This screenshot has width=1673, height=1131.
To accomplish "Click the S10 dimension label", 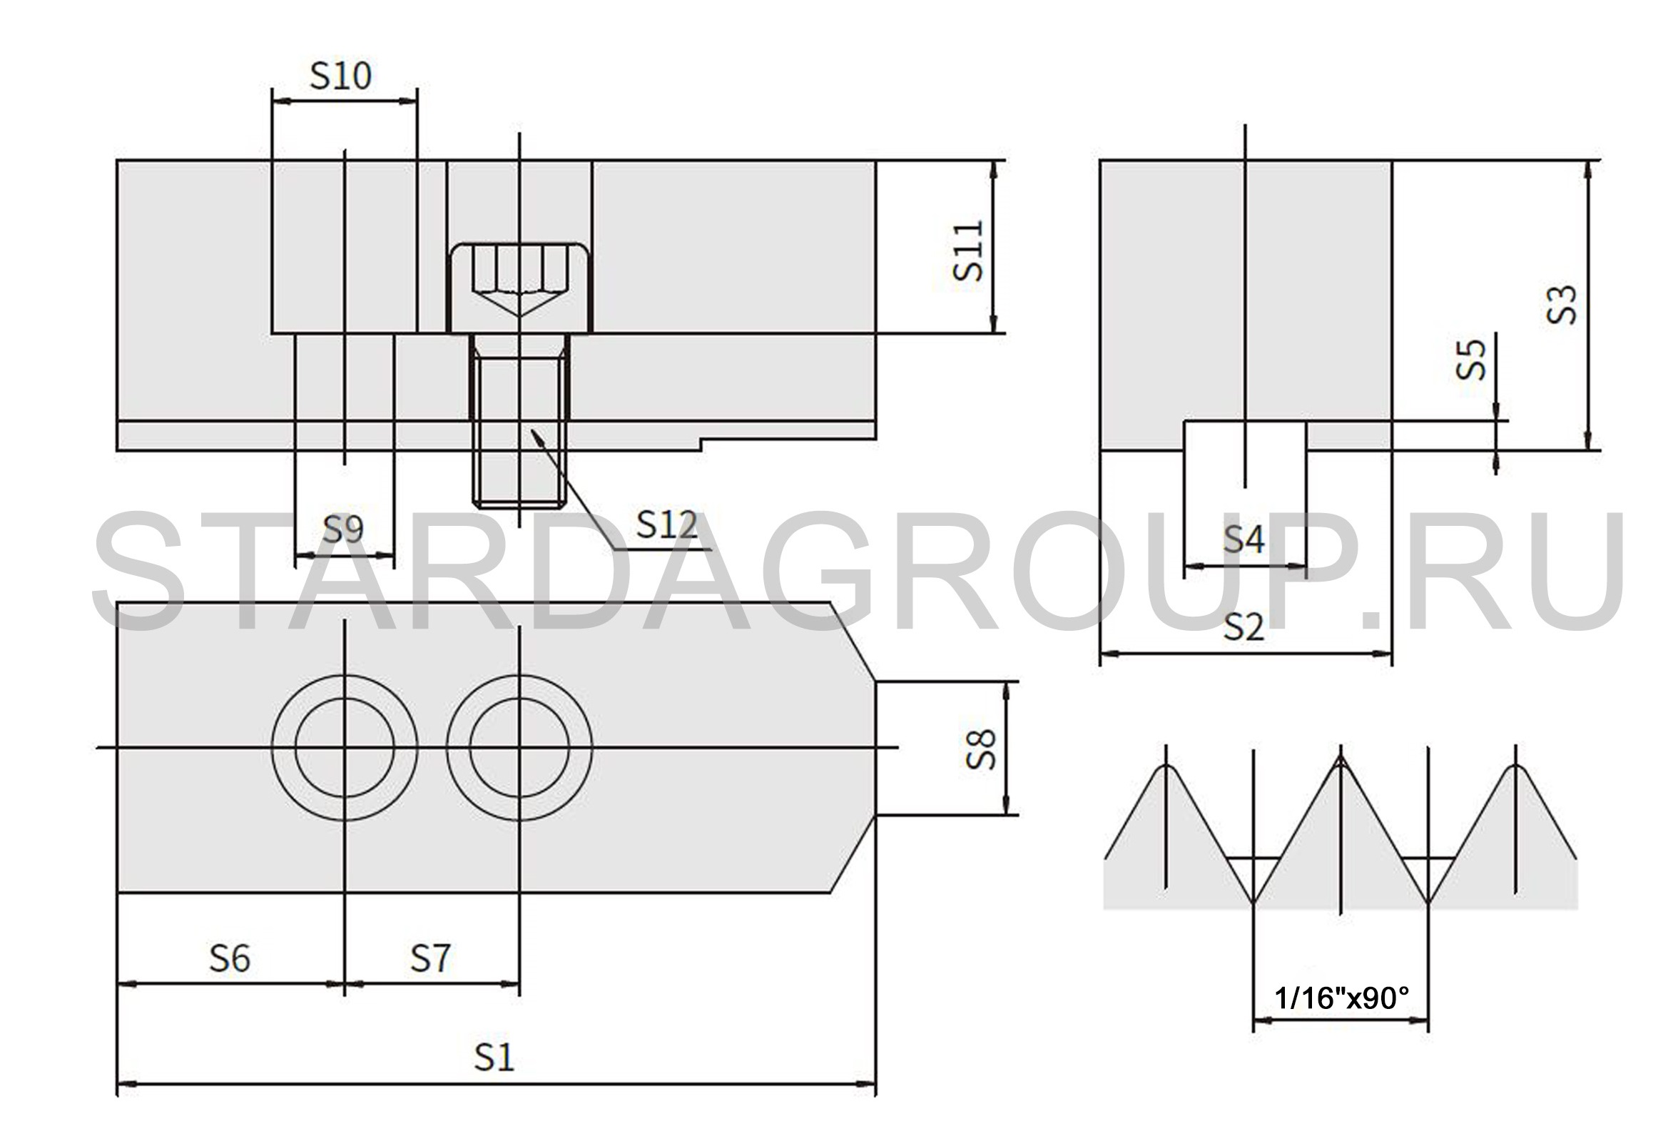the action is pos(340,76).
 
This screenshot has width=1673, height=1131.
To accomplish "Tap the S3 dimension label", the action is pos(1562,305).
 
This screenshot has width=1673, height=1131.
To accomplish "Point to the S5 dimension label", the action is pos(1470,359).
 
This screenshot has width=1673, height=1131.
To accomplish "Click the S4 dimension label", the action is pos(1244,539).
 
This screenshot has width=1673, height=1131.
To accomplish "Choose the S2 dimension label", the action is pos(1244,628).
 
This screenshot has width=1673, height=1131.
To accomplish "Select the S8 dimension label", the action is pos(980,749).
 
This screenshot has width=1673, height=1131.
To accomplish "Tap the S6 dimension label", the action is pos(230,959).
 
